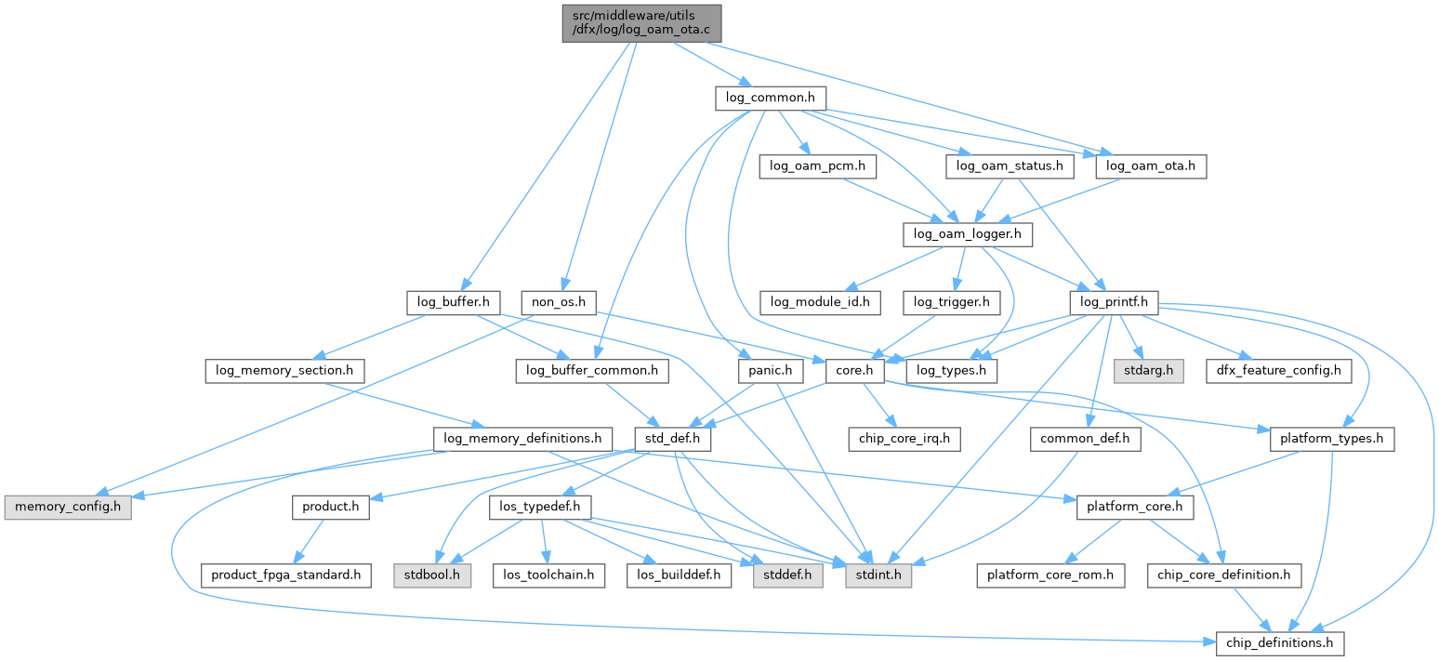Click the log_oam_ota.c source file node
[x=640, y=22]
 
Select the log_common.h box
[x=771, y=99]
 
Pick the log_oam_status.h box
[x=1010, y=166]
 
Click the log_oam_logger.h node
[x=968, y=234]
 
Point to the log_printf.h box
[x=1114, y=302]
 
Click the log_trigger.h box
[x=951, y=302]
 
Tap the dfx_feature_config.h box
[x=1279, y=371]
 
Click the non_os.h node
[x=558, y=302]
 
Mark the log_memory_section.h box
[x=284, y=371]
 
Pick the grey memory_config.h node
[x=68, y=508]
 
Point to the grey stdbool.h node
[x=431, y=575]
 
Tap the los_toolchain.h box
[x=549, y=575]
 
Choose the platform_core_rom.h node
[x=1050, y=575]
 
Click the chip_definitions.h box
[x=1280, y=643]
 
